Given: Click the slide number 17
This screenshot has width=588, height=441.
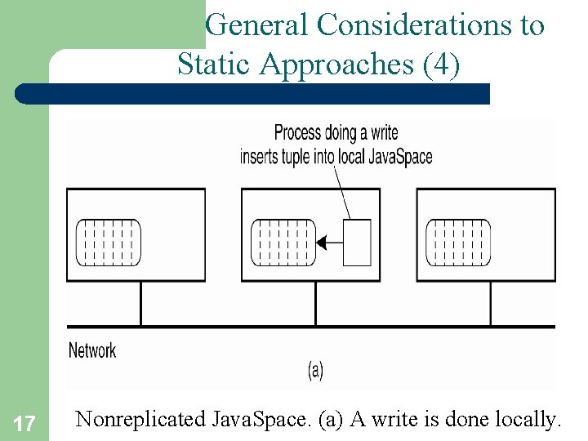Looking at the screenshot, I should tap(24, 424).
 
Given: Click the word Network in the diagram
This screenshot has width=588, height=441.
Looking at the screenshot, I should tap(92, 350).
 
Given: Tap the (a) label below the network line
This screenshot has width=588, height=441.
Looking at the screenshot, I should tap(315, 370).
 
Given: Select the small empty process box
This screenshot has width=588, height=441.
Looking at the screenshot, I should tap(357, 243).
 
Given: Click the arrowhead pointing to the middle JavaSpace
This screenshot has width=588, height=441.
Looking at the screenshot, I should tap(321, 243).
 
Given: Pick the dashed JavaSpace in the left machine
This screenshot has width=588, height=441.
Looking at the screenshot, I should tap(109, 243).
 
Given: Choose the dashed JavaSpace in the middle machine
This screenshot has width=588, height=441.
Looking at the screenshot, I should tap(283, 243).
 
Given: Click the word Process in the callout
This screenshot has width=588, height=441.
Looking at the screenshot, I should tap(297, 132).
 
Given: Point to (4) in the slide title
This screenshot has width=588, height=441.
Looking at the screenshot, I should tap(442, 65).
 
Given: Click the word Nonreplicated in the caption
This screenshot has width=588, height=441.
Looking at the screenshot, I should tap(140, 420).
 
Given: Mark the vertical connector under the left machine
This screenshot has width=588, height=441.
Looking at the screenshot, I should tap(141, 304).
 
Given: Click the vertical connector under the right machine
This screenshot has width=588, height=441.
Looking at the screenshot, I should tap(491, 304).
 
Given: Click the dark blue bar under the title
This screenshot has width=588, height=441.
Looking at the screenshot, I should tap(253, 94).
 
